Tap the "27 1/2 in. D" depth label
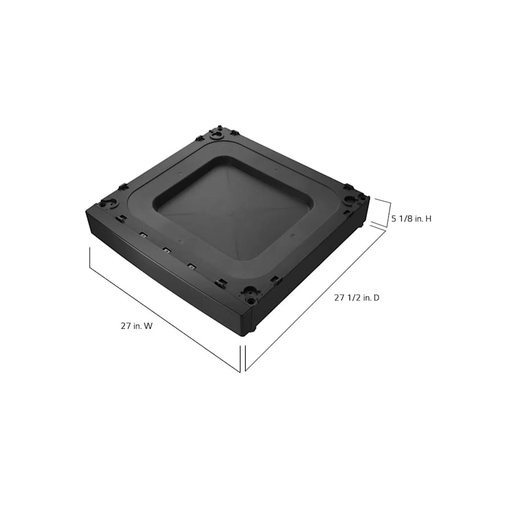(x=356, y=297)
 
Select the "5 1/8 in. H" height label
(x=411, y=218)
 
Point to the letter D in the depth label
(x=376, y=297)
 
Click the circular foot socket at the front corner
(x=250, y=294)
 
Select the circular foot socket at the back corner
(x=217, y=136)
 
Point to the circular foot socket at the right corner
(x=350, y=199)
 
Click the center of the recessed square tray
(x=234, y=208)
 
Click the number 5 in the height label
(x=394, y=218)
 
